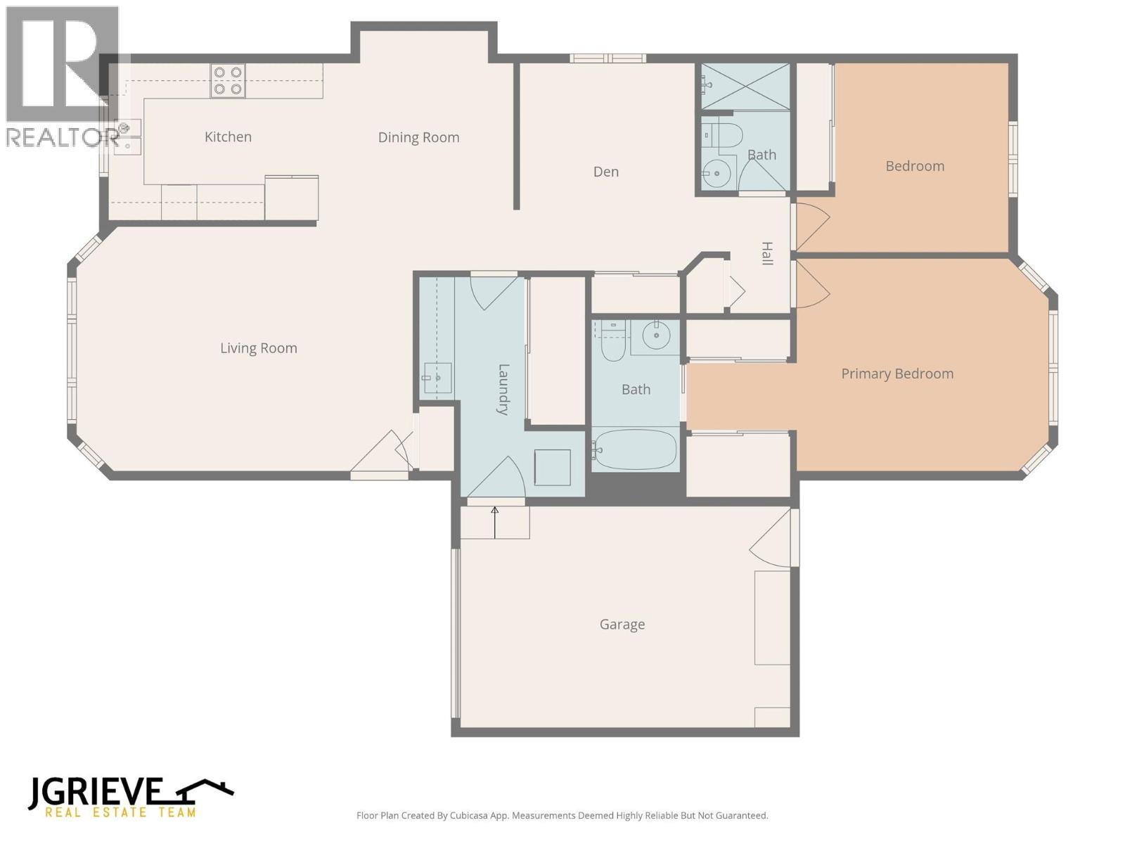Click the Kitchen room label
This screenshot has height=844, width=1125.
pyautogui.click(x=228, y=137)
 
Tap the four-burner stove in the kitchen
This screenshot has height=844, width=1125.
pyautogui.click(x=228, y=80)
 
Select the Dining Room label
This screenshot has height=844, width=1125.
pyautogui.click(x=418, y=138)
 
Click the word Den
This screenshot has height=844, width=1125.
pyautogui.click(x=606, y=172)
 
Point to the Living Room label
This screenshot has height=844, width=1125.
pyautogui.click(x=259, y=348)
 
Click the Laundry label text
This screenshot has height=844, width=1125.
pyautogui.click(x=503, y=389)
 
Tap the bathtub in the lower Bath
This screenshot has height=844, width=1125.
pyautogui.click(x=635, y=449)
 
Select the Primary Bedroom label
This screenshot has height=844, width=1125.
pyautogui.click(x=897, y=374)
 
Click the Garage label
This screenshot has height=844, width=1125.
pyautogui.click(x=622, y=625)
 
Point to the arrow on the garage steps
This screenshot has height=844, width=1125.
pyautogui.click(x=495, y=521)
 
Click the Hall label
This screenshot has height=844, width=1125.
pyautogui.click(x=767, y=253)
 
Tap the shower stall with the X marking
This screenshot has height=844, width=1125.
pyautogui.click(x=745, y=87)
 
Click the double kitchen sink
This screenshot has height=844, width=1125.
pyautogui.click(x=128, y=136)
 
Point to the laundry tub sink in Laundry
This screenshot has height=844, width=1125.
pyautogui.click(x=437, y=378)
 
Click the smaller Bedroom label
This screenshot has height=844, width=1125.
pyautogui.click(x=915, y=167)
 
